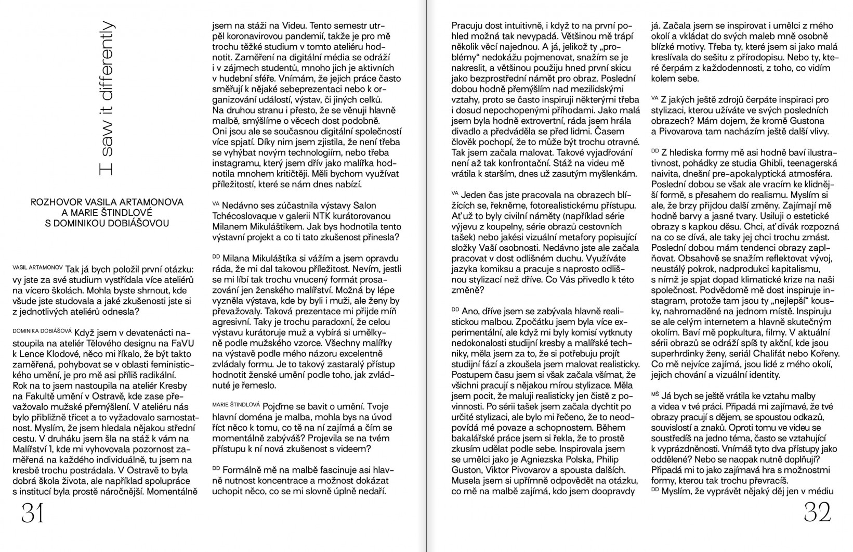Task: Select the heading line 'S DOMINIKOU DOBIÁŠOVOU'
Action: click(x=107, y=223)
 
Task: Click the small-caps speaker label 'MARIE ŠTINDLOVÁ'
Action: click(x=236, y=404)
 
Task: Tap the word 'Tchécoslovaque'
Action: click(x=244, y=215)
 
